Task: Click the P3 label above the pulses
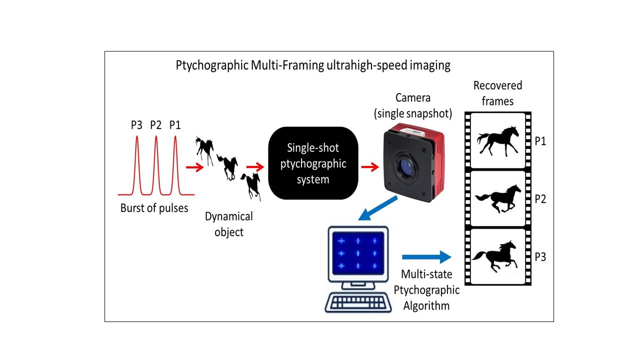pyautogui.click(x=136, y=125)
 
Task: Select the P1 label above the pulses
pyautogui.click(x=174, y=125)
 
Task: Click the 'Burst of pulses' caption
pyautogui.click(x=154, y=208)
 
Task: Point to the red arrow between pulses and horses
pyautogui.click(x=194, y=167)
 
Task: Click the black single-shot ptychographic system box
pyautogui.click(x=313, y=163)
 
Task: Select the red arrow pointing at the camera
pyautogui.click(x=369, y=166)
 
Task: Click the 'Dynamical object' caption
pyautogui.click(x=229, y=224)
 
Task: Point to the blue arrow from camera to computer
pyautogui.click(x=378, y=208)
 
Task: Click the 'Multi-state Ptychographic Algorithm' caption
pyautogui.click(x=426, y=289)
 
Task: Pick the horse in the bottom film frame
pyautogui.click(x=494, y=255)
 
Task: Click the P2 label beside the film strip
pyautogui.click(x=540, y=199)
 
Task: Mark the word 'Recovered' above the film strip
pyautogui.click(x=497, y=85)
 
